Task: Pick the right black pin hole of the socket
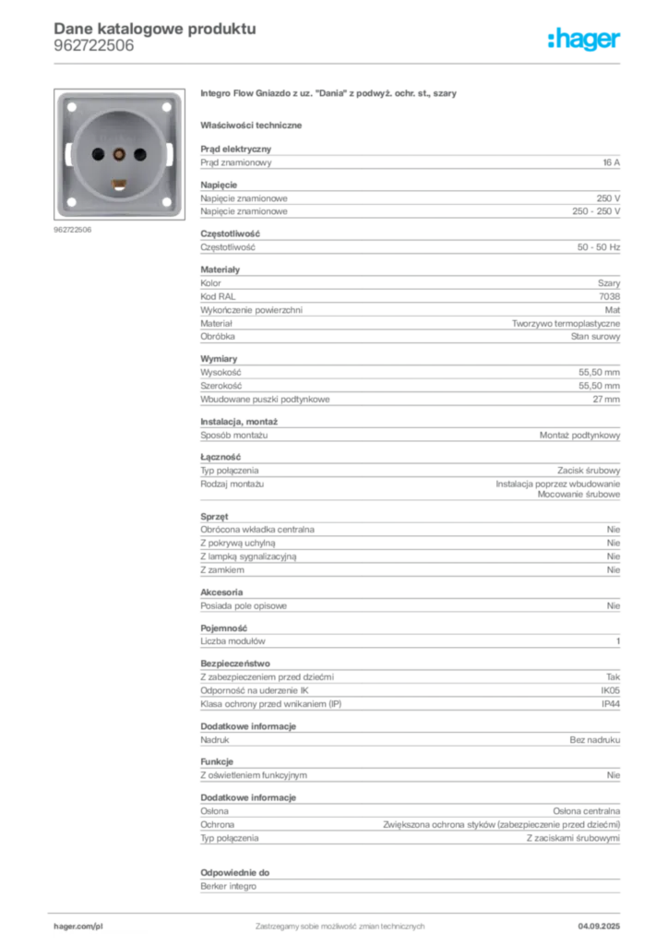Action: [x=142, y=153]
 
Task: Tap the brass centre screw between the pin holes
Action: [x=118, y=153]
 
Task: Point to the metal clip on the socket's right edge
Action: [x=172, y=154]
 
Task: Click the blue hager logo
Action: [x=586, y=40]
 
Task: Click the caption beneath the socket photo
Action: [x=74, y=230]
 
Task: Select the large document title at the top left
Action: [x=153, y=28]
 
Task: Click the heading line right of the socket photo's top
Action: [x=328, y=95]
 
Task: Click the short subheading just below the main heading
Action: [x=254, y=125]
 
